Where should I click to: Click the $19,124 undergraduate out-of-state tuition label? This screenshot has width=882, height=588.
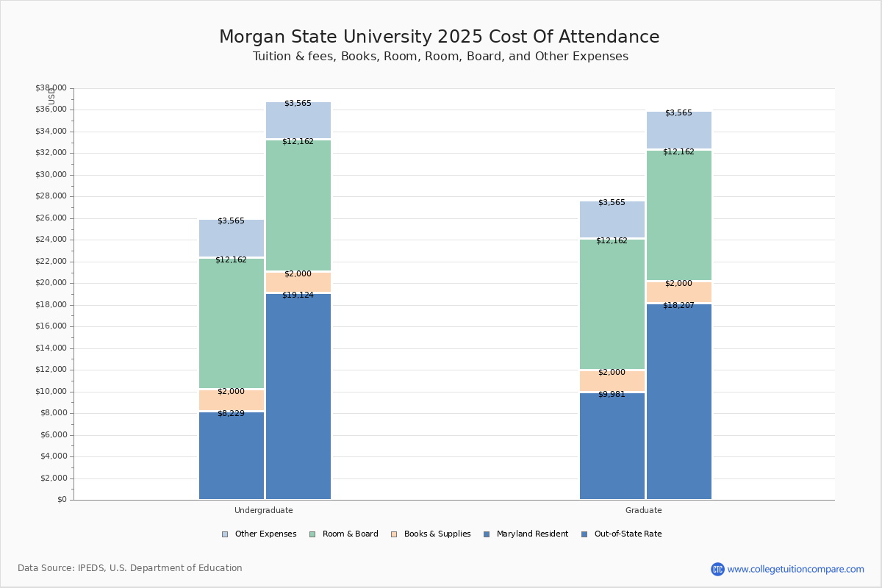click(x=298, y=295)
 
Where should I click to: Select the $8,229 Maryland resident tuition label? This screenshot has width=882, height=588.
click(x=231, y=414)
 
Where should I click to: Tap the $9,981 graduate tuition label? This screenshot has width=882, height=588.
click(x=612, y=395)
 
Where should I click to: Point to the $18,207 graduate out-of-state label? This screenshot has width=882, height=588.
click(x=678, y=305)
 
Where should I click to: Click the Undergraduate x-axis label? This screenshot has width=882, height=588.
click(x=263, y=510)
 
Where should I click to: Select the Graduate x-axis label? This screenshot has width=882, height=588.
click(x=643, y=510)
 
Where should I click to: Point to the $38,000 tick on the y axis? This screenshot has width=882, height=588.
click(x=51, y=88)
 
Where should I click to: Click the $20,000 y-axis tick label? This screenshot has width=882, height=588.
click(x=51, y=283)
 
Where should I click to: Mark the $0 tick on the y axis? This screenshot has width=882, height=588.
click(x=61, y=500)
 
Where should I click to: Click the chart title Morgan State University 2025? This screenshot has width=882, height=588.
click(x=440, y=37)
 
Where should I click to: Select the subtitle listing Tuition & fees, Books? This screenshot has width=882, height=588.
click(x=440, y=57)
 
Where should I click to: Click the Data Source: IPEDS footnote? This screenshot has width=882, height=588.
click(x=130, y=568)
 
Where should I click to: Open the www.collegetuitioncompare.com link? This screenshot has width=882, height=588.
click(x=795, y=569)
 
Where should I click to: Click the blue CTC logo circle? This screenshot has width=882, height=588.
click(x=717, y=569)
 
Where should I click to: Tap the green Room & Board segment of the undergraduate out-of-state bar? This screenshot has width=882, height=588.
click(x=298, y=206)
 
